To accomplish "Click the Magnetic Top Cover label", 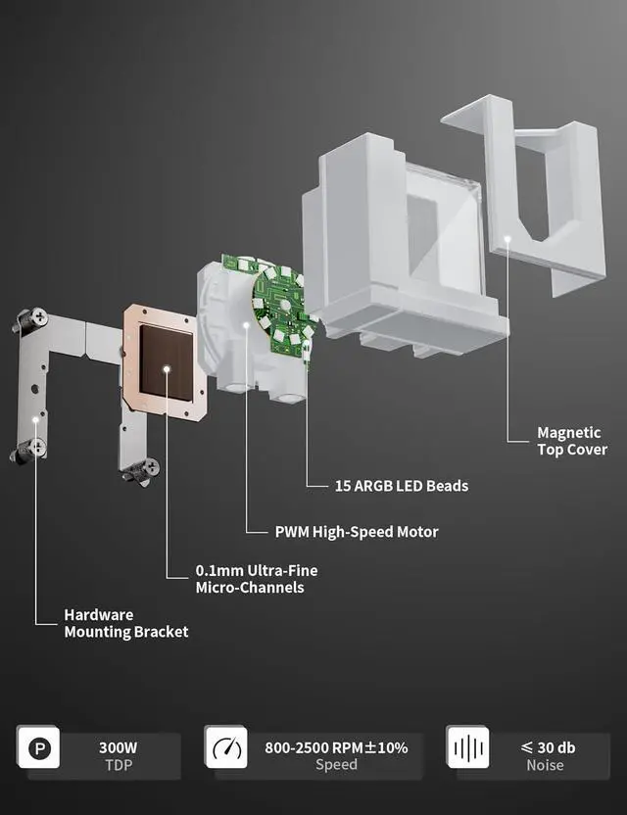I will click(x=569, y=441).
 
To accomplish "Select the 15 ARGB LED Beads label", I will click(x=401, y=485).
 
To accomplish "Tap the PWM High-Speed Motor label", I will click(x=356, y=532).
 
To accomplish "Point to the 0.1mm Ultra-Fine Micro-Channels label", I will click(x=256, y=579).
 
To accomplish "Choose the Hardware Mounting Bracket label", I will click(x=125, y=623).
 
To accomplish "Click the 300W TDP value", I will click(x=118, y=747).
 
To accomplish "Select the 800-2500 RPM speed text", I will click(x=336, y=747).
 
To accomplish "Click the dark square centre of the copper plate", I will click(x=167, y=362).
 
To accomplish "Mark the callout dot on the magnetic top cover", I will click(x=507, y=237).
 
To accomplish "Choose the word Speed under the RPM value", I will click(x=336, y=764).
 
